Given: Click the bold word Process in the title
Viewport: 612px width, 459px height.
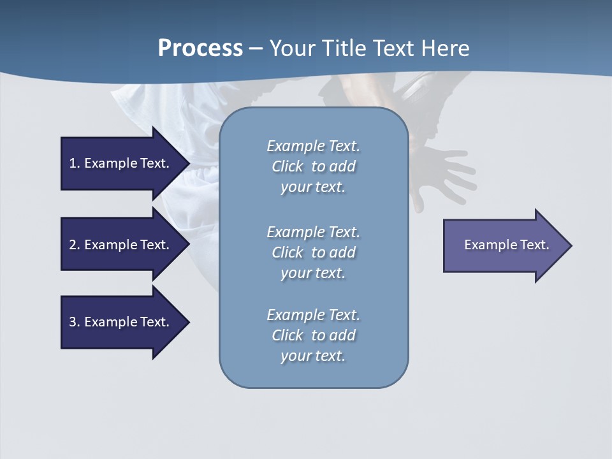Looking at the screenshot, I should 200,48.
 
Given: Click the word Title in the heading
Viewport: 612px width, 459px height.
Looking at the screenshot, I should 342,48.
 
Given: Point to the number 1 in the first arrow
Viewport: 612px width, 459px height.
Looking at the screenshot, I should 73,163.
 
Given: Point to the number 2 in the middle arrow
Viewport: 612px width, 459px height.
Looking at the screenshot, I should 73,245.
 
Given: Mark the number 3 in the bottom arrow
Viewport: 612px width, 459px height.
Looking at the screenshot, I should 73,322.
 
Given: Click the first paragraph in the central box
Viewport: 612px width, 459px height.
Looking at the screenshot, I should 313,166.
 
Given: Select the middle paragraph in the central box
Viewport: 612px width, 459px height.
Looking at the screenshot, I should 313,252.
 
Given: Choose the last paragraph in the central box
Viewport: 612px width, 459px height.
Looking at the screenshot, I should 313,335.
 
